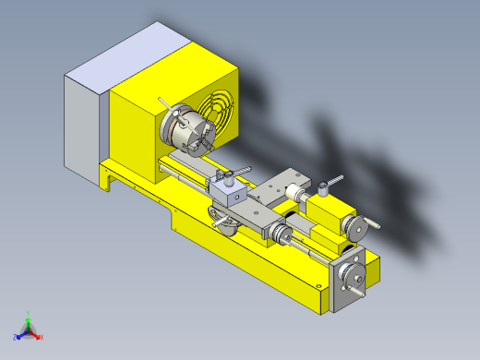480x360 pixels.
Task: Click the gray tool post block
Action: [226, 192]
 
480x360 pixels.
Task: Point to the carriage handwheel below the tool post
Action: [221, 222]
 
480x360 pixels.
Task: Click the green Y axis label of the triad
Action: [30, 313]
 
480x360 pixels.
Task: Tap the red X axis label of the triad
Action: [42, 337]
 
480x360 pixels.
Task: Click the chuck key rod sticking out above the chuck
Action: [163, 103]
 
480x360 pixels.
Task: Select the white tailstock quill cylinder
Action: [294, 194]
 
